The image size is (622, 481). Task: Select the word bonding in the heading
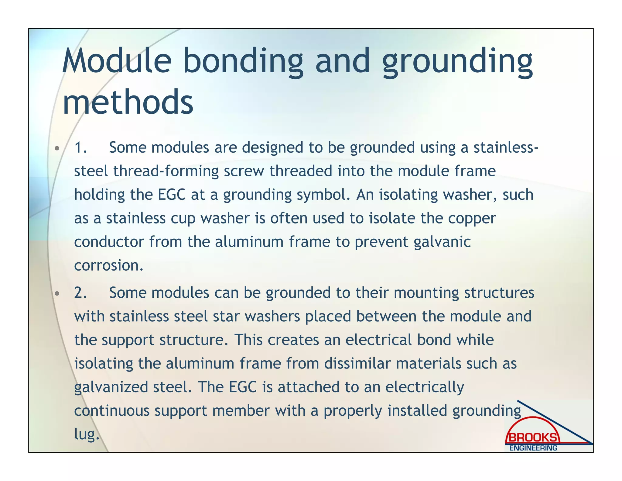coord(243,62)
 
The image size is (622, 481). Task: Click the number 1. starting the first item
coord(80,147)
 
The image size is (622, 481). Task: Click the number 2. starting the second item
coord(80,293)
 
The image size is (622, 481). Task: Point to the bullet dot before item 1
coord(56,149)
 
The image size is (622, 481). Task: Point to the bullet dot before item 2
coord(56,294)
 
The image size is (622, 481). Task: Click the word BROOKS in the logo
coord(533,438)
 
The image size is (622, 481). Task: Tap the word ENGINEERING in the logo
coord(533,448)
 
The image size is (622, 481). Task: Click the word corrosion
coord(108,265)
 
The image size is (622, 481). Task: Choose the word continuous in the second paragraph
coord(111,411)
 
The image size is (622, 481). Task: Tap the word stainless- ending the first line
coord(506,147)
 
